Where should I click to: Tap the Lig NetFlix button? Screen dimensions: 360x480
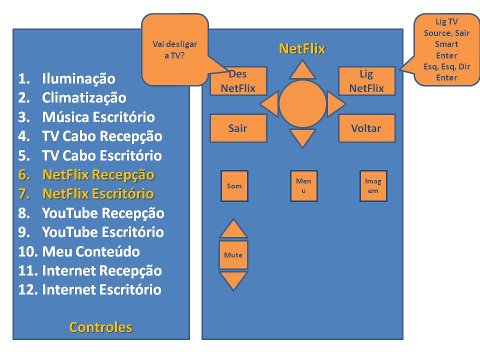(x=366, y=81)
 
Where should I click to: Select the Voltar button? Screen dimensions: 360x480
(x=366, y=128)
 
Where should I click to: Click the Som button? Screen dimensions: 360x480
(x=234, y=186)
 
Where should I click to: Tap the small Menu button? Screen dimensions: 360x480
(x=303, y=186)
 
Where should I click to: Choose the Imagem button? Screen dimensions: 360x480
(x=373, y=186)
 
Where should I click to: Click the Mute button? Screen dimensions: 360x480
(x=233, y=255)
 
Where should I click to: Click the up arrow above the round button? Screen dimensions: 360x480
(x=302, y=71)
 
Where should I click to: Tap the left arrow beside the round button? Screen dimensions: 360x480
(x=270, y=104)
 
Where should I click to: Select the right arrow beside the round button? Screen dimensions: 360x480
(x=335, y=104)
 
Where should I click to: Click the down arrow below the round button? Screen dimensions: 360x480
(x=302, y=136)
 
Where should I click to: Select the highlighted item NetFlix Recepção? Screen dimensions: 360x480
(x=98, y=175)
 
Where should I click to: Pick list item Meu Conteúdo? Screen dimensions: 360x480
(x=90, y=251)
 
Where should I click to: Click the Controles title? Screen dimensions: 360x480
(x=100, y=327)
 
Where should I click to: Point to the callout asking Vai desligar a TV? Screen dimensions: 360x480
(x=175, y=49)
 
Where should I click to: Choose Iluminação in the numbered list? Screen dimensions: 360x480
(x=78, y=79)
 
